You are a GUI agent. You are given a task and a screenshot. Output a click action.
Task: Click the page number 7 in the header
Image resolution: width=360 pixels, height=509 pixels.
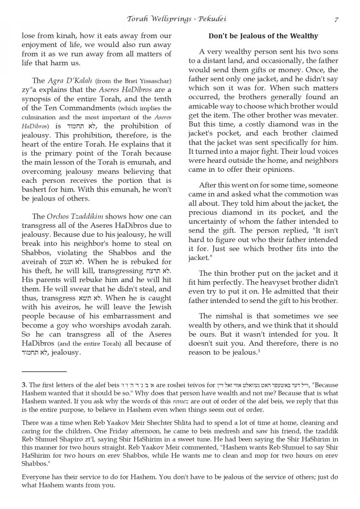336,20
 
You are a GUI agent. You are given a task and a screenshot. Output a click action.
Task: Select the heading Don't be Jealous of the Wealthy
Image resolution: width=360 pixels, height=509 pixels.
263,36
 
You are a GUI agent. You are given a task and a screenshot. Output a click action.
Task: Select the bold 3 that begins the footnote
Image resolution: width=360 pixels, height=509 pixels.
23,385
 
